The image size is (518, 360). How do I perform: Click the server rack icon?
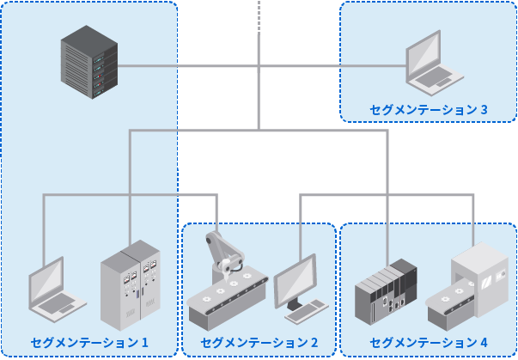[88, 63]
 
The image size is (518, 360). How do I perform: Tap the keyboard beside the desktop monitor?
[307, 310]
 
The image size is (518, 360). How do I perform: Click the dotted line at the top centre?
[259, 15]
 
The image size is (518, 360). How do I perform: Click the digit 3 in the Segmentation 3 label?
[484, 110]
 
